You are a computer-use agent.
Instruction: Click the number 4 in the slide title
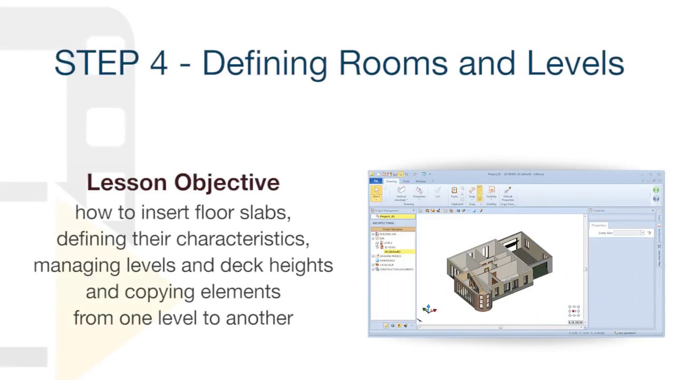(x=158, y=63)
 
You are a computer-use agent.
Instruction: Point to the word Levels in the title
(x=575, y=63)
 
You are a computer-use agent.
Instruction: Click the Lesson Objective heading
(x=183, y=183)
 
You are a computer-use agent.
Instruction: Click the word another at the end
(x=259, y=318)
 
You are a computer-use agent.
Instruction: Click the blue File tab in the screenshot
(x=376, y=181)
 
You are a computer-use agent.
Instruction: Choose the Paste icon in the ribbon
(x=454, y=192)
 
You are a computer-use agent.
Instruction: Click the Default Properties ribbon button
(x=507, y=193)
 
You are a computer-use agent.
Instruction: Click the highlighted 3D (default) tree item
(x=392, y=252)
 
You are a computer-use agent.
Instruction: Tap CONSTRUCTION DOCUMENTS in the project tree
(x=396, y=269)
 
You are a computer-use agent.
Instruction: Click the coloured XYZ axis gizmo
(x=429, y=309)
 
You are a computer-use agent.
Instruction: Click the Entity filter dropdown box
(x=629, y=233)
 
